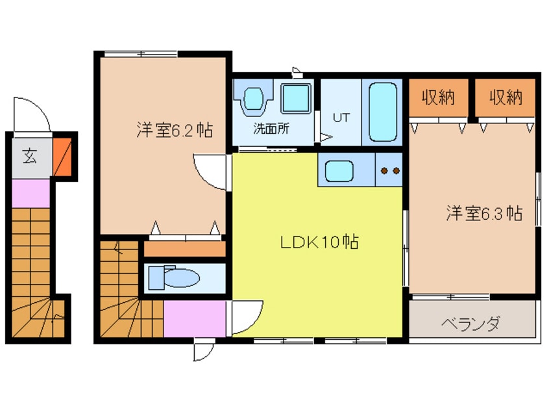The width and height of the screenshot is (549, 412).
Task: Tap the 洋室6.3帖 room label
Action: click(x=484, y=212)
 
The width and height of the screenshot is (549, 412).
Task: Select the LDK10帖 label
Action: click(x=319, y=242)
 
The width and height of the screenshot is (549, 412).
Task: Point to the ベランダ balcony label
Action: click(x=471, y=323)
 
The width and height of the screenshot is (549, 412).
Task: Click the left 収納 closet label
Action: click(x=437, y=97)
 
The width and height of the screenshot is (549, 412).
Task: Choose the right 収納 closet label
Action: click(x=506, y=97)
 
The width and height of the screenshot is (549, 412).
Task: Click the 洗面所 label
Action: click(x=271, y=128)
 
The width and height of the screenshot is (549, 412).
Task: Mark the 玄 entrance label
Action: click(x=30, y=156)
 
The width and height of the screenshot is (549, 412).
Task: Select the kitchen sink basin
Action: click(x=339, y=172)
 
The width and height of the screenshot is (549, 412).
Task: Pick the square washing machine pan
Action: click(x=296, y=99)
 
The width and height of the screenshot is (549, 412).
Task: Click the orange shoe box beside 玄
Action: click(x=62, y=156)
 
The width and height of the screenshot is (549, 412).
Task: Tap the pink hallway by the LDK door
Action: click(x=194, y=318)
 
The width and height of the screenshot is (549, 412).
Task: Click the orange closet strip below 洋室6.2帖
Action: click(x=184, y=248)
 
